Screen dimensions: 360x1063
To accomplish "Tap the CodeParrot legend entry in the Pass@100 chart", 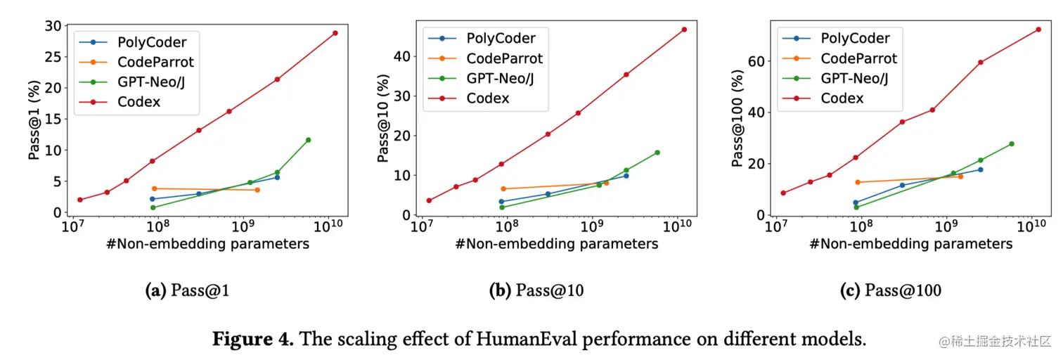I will (858, 58).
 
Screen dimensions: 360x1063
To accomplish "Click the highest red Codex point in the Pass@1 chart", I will (335, 33).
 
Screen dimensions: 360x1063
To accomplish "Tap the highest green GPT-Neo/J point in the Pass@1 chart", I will (308, 140).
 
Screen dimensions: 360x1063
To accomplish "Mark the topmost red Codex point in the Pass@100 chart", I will (1038, 30).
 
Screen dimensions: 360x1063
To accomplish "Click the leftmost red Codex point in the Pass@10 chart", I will (429, 200).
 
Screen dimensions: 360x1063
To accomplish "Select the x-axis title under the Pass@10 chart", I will (556, 244).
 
